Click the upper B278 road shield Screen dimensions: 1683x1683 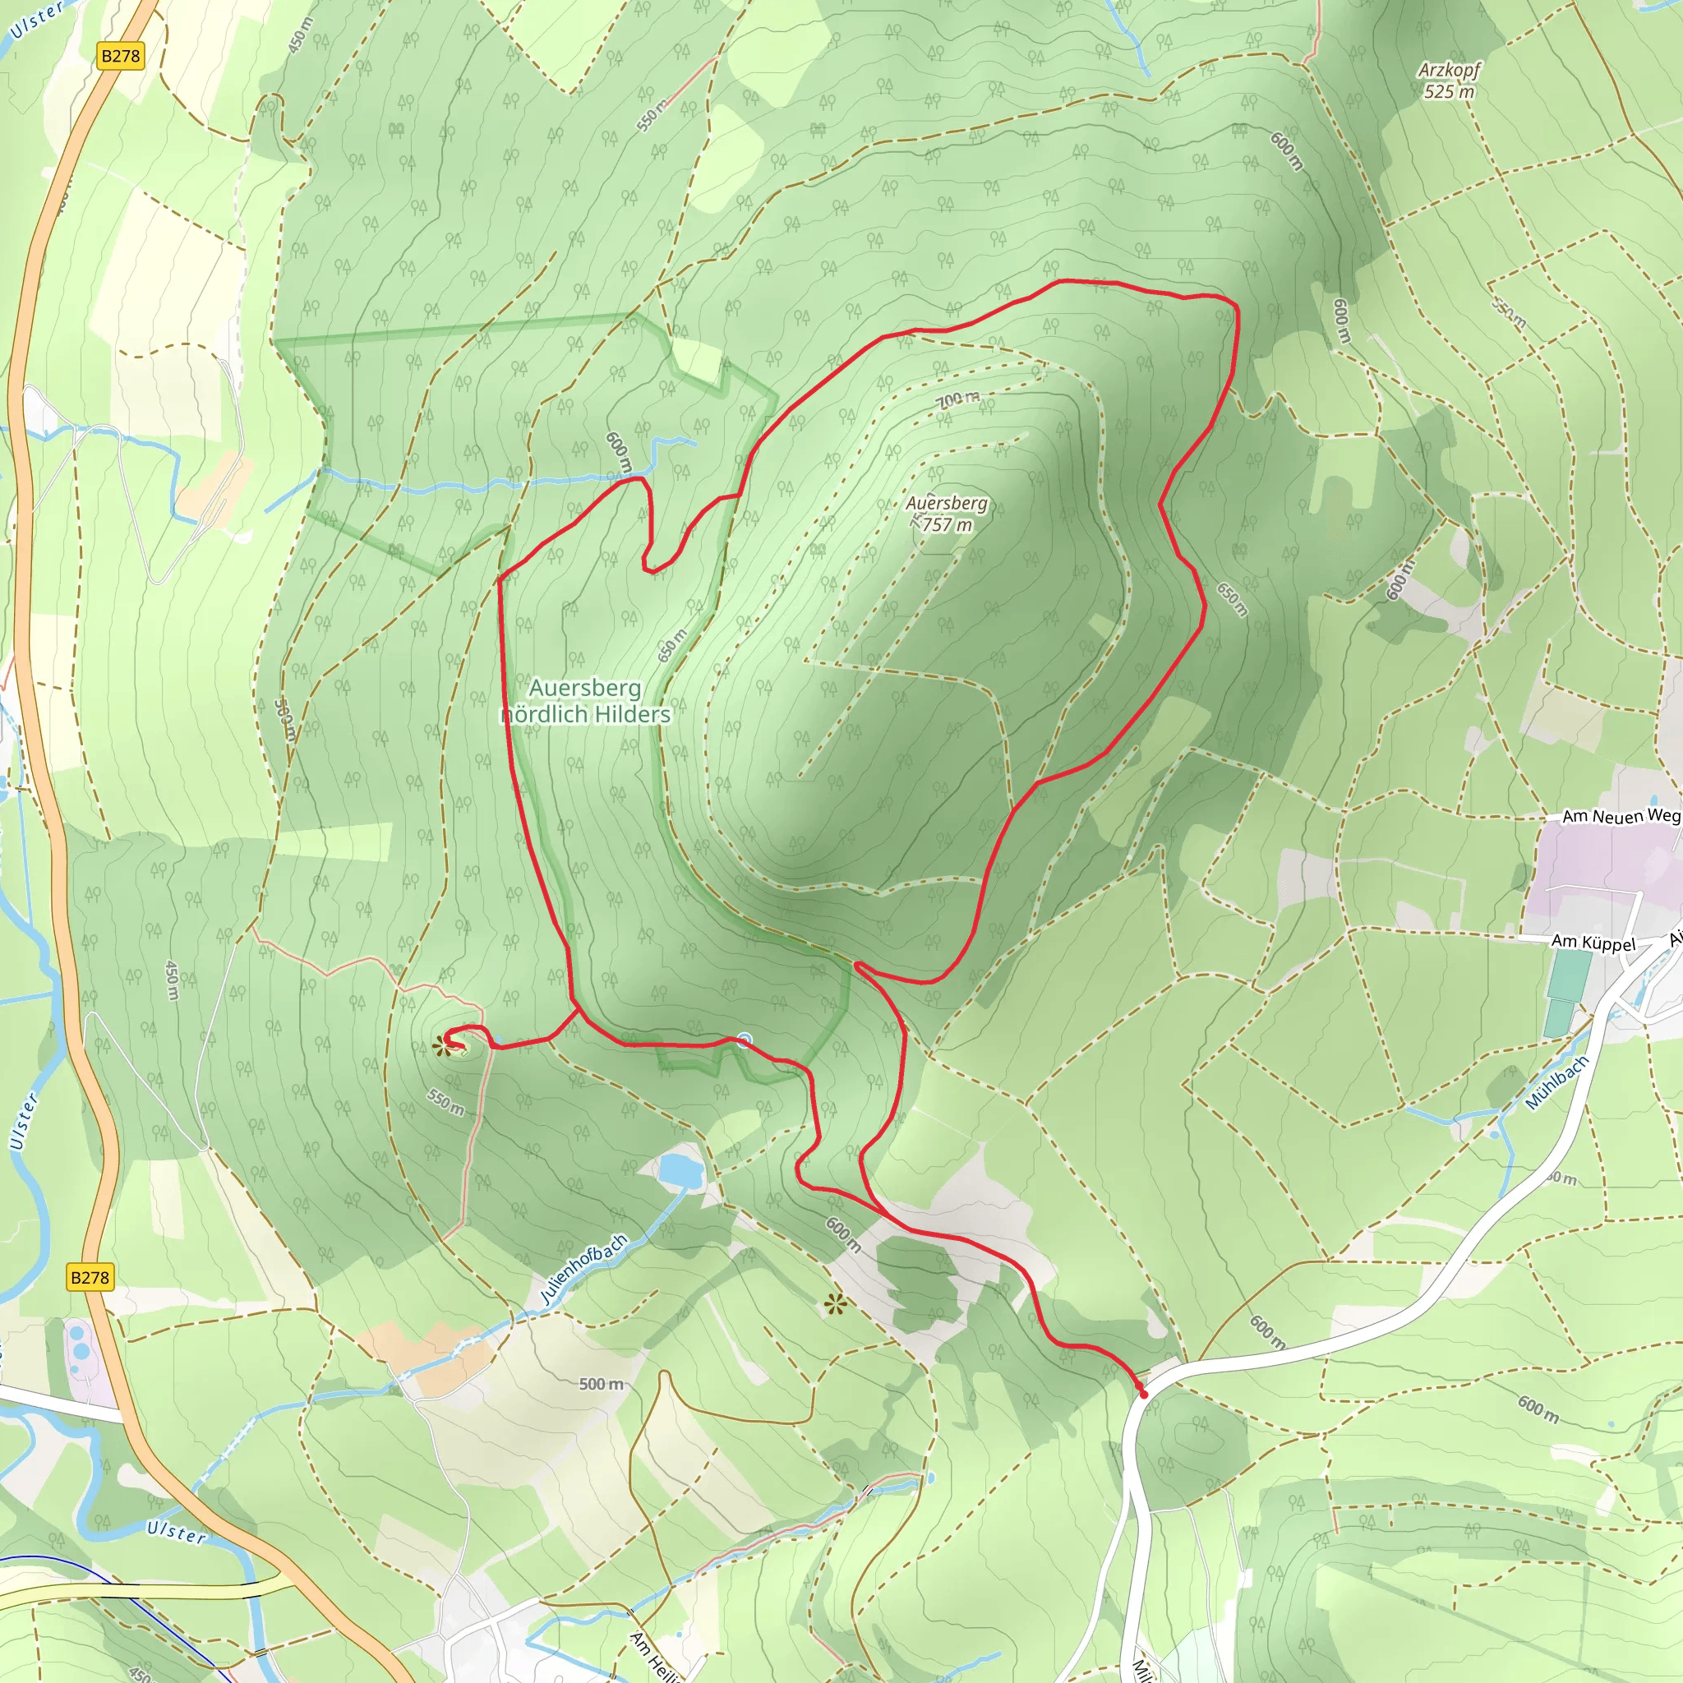coord(120,57)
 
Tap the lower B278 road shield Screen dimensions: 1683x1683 coord(90,1278)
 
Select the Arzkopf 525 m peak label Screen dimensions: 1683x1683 coord(1449,81)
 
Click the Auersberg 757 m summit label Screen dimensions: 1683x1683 coord(947,513)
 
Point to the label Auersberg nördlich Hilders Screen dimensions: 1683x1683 coord(585,701)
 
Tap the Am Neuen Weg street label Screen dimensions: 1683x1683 coord(1621,816)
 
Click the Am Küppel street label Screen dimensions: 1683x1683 coord(1593,943)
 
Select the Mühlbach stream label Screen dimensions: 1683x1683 coord(1556,1082)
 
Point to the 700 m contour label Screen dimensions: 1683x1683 coord(958,400)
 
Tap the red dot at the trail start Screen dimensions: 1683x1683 coord(1144,1394)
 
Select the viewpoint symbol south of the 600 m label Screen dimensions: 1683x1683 coord(836,1303)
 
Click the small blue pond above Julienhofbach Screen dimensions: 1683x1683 coord(680,1170)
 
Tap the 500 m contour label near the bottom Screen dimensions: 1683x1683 coord(602,1383)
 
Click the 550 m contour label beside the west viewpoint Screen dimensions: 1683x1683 coord(445,1102)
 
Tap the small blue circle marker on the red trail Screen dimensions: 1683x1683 coord(744,1038)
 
